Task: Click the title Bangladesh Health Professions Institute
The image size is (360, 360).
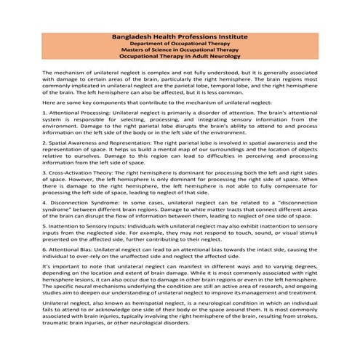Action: (180, 36)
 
